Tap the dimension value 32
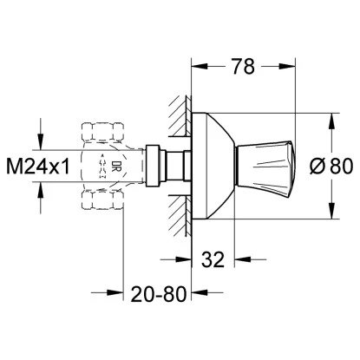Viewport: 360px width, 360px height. coord(214,258)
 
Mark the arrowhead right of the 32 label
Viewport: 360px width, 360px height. coord(242,258)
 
